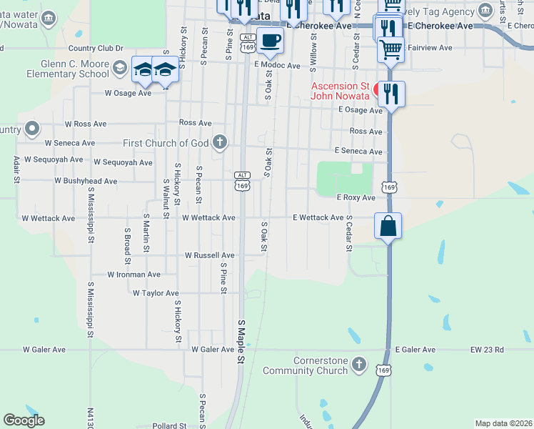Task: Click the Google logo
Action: tap(24, 420)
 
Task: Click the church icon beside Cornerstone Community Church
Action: tap(361, 365)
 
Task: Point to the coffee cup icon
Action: tap(270, 41)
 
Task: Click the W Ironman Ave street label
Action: tap(133, 275)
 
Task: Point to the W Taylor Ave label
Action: tap(155, 293)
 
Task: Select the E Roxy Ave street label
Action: tap(356, 197)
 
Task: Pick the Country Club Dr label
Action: tap(96, 49)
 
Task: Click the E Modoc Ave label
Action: tap(277, 65)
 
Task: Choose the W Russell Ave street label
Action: tap(209, 255)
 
